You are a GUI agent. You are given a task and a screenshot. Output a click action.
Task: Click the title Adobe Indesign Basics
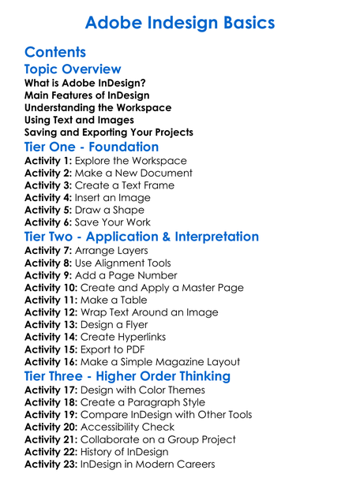(x=180, y=22)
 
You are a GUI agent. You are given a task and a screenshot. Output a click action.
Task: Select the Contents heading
(x=55, y=52)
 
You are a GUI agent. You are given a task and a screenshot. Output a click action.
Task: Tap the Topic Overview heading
(x=73, y=69)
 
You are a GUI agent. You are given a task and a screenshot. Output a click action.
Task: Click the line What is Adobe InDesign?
(x=84, y=83)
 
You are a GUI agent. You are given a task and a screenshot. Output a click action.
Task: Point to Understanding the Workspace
(x=98, y=107)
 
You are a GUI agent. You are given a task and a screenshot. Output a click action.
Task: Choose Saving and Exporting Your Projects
(x=109, y=132)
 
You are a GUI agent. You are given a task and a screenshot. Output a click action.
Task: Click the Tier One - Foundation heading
(x=92, y=147)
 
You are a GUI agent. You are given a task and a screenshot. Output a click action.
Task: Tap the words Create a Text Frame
(x=125, y=185)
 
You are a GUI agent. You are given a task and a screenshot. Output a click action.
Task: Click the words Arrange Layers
(x=111, y=250)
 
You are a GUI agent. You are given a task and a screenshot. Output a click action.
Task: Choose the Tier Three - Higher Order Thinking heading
(x=127, y=376)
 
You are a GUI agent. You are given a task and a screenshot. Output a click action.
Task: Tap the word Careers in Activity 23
(x=193, y=464)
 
